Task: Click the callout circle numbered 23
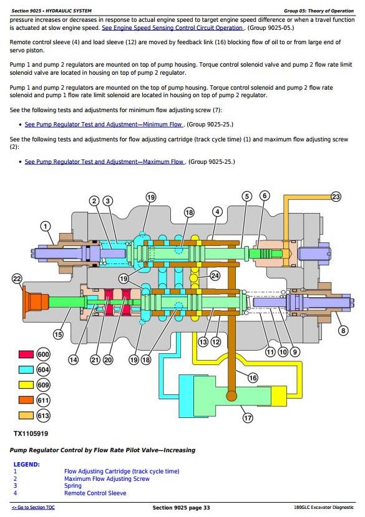point(336,197)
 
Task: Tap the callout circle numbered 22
point(17,279)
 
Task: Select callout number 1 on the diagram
point(46,226)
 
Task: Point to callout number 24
point(215,276)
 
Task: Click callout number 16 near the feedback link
point(253,377)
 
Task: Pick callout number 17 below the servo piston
point(248,418)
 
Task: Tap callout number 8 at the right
point(343,330)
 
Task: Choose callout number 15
point(58,334)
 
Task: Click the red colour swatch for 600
point(26,354)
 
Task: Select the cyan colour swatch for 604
point(26,369)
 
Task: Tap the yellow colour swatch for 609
point(26,385)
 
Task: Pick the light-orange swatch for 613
point(26,415)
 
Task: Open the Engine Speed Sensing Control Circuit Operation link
point(172,28)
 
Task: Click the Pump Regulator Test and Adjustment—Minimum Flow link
point(103,125)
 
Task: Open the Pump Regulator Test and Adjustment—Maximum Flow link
point(104,162)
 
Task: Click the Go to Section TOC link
point(33,508)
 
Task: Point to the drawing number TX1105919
point(31,434)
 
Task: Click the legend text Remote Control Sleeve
point(95,493)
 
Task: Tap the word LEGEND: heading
point(26,465)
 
